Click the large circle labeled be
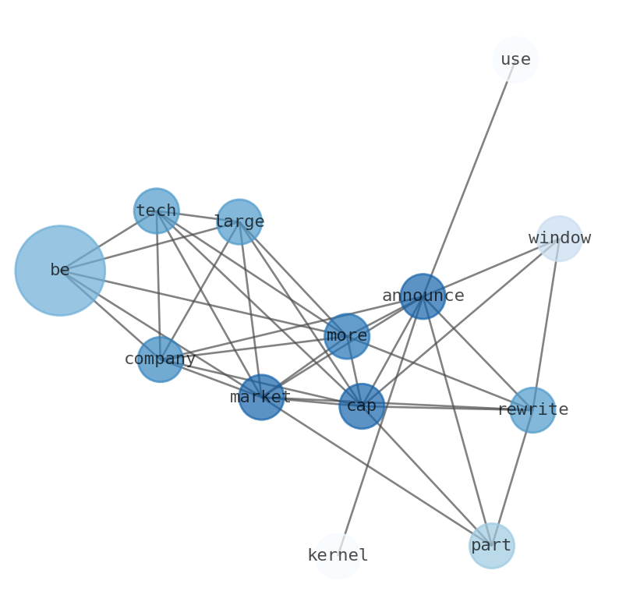pyautogui.click(x=60, y=271)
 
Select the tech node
pyautogui.click(x=157, y=211)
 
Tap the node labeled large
pyautogui.click(x=239, y=221)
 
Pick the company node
pyautogui.click(x=161, y=359)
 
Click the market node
pyautogui.click(x=261, y=397)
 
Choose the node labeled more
pyautogui.click(x=347, y=336)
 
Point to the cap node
pyautogui.click(x=362, y=405)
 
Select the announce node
pyautogui.click(x=423, y=296)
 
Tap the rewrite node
pyautogui.click(x=532, y=409)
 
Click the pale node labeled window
pyautogui.click(x=560, y=238)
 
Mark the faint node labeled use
pyautogui.click(x=515, y=59)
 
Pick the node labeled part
pyautogui.click(x=492, y=546)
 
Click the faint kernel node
pyautogui.click(x=338, y=556)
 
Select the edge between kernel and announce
pyautogui.click(x=380, y=426)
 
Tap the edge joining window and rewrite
pyautogui.click(x=546, y=324)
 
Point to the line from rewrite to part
pyautogui.click(x=512, y=477)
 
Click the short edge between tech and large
pyautogui.click(x=198, y=216)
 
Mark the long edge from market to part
pyautogui.click(x=377, y=471)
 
